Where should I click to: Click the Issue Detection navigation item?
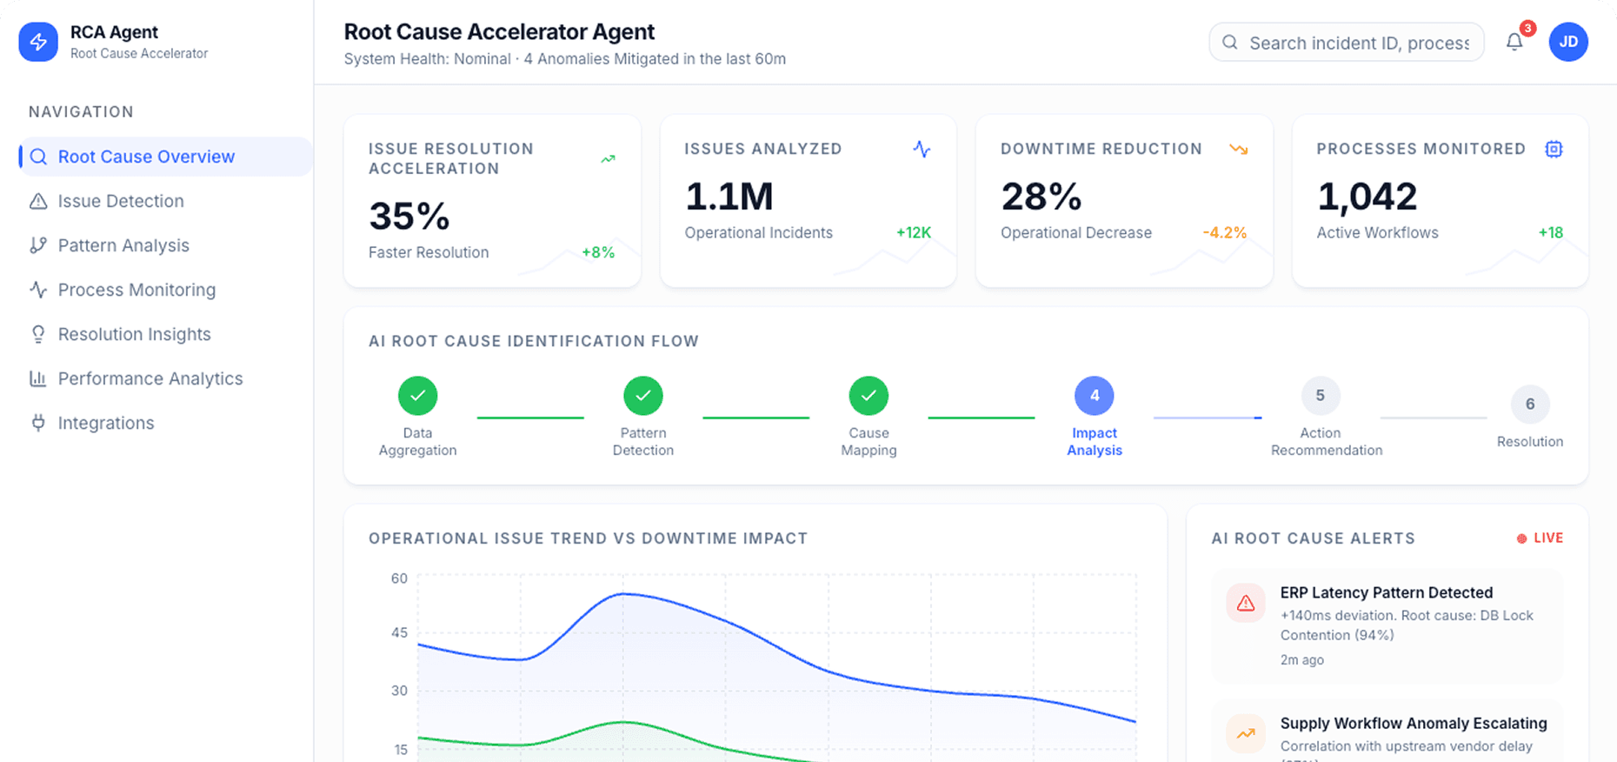click(x=120, y=201)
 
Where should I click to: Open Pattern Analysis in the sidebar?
click(x=123, y=245)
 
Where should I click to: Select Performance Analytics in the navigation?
click(x=150, y=378)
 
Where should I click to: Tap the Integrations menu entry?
click(x=105, y=423)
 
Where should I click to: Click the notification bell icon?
click(x=1514, y=42)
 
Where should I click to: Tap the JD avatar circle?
click(x=1568, y=42)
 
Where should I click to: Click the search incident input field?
click(x=1358, y=43)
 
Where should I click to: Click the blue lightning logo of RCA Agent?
click(x=38, y=42)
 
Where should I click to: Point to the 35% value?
click(x=409, y=216)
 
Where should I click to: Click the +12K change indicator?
click(x=913, y=232)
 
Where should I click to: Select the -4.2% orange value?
click(x=1224, y=232)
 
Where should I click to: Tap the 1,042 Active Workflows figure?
click(x=1367, y=197)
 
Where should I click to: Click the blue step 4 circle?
click(x=1094, y=396)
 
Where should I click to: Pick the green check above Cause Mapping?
click(x=868, y=396)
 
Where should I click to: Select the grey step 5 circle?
click(x=1320, y=396)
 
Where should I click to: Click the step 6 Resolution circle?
click(x=1529, y=404)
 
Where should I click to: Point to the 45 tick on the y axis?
click(x=399, y=632)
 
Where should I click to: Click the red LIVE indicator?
click(x=1540, y=538)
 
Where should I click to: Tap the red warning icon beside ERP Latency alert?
click(x=1245, y=603)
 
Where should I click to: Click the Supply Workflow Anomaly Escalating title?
click(x=1413, y=723)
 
